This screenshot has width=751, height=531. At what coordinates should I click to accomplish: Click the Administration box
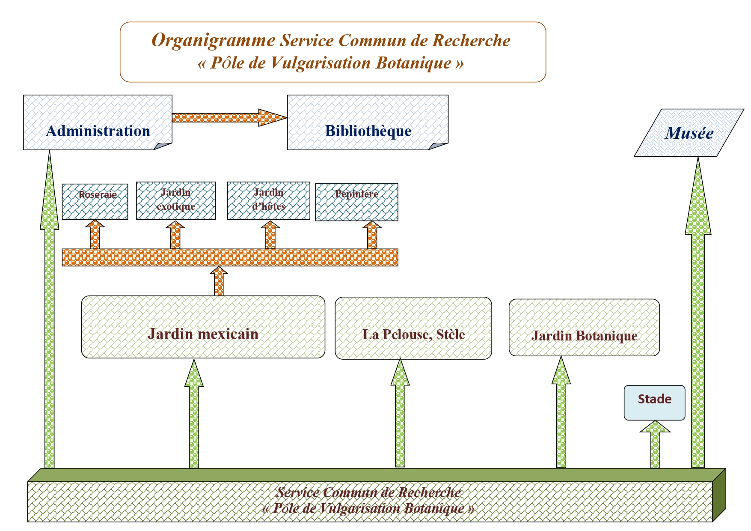pos(98,122)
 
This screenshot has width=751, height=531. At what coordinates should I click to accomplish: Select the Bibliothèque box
pos(368,122)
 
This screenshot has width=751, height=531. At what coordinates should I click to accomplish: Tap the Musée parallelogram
pos(689,133)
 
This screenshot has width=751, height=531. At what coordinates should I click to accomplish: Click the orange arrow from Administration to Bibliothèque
pos(229,117)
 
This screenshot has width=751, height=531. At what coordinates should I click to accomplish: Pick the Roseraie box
pos(95,202)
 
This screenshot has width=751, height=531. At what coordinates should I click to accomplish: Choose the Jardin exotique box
pos(176,201)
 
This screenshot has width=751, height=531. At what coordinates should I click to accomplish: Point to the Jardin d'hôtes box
pos(269,201)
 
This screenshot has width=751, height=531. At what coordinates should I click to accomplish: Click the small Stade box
pos(654,403)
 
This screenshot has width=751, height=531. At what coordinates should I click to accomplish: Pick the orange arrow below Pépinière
pos(372,235)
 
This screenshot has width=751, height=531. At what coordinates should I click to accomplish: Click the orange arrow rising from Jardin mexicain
pos(219,281)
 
